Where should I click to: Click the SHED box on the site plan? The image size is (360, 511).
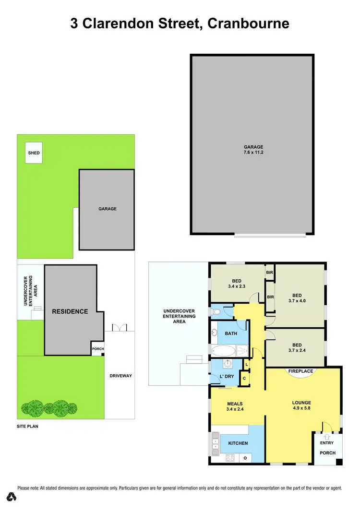click(x=34, y=153)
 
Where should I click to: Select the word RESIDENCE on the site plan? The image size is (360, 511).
click(x=70, y=311)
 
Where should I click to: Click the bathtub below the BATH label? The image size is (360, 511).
click(x=224, y=351)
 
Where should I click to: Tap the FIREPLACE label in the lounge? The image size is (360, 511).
click(x=300, y=371)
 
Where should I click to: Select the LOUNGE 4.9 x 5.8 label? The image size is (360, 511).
click(x=301, y=406)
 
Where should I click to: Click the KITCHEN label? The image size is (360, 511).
click(x=238, y=443)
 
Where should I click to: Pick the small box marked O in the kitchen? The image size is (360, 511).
click(x=245, y=458)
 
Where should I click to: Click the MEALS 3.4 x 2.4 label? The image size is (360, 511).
click(x=235, y=406)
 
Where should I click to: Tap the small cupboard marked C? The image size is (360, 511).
click(x=244, y=379)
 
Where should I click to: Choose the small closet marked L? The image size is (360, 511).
click(x=247, y=365)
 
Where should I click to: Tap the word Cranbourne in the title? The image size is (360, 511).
click(x=248, y=23)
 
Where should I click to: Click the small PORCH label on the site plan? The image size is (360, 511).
click(x=98, y=349)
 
